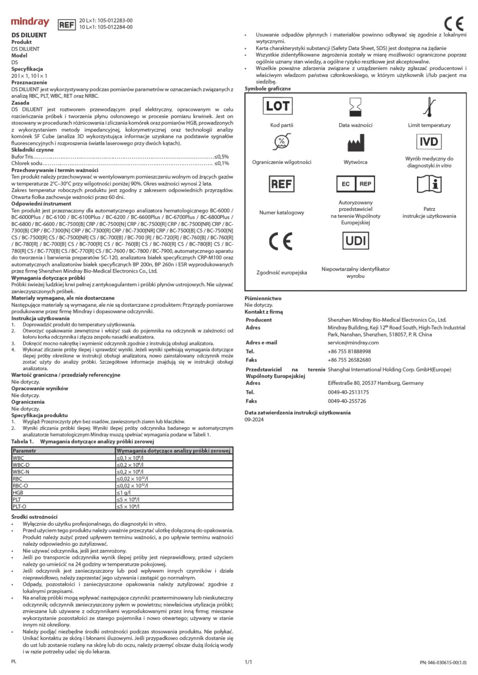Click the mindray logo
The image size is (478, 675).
click(x=30, y=23)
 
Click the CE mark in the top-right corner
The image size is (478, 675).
click(x=454, y=24)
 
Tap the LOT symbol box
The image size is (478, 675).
click(x=277, y=105)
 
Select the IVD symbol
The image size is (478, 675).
click(x=429, y=141)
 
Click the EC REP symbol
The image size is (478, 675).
click(x=355, y=184)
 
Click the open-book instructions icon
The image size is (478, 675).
click(x=429, y=184)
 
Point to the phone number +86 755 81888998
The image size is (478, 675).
click(x=349, y=351)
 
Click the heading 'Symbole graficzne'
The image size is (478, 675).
click(x=267, y=89)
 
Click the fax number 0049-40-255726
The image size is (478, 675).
click(x=347, y=401)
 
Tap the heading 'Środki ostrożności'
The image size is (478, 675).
click(x=34, y=516)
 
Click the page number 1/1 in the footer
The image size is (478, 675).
click(x=248, y=661)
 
